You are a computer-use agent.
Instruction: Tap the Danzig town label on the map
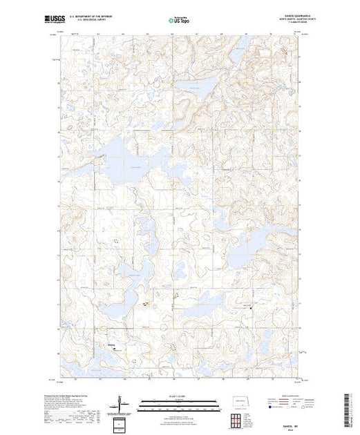[x=111, y=344]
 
